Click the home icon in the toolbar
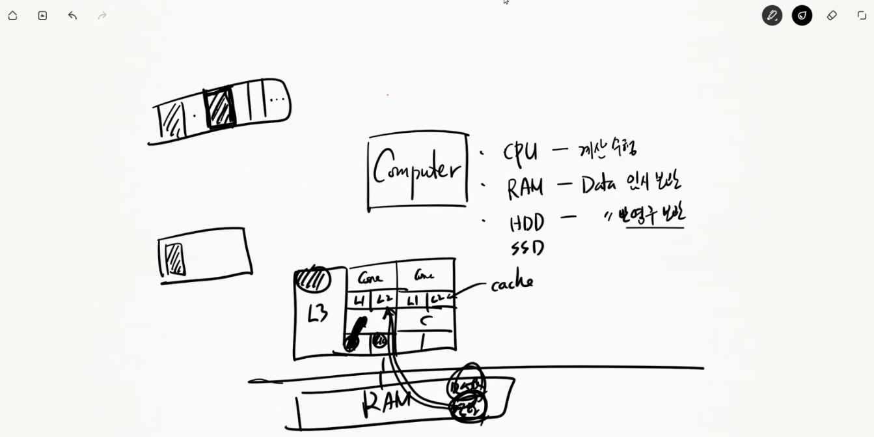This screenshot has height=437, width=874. (x=12, y=15)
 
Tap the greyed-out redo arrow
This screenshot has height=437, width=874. (x=102, y=15)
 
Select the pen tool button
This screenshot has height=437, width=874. (x=772, y=15)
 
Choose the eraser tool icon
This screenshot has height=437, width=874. (x=832, y=15)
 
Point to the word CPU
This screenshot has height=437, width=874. (x=520, y=152)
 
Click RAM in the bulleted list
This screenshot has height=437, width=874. (x=525, y=188)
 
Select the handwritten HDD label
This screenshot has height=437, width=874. (x=526, y=223)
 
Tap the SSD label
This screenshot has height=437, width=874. (x=526, y=248)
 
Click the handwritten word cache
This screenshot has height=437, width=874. (x=512, y=283)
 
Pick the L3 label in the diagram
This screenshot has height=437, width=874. (x=318, y=313)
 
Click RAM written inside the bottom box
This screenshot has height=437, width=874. (x=387, y=401)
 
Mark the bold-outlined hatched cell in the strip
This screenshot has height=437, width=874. (x=219, y=108)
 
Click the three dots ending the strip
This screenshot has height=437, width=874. (x=277, y=100)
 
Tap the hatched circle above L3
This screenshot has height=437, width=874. (x=313, y=279)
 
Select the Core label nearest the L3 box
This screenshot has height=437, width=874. (x=370, y=277)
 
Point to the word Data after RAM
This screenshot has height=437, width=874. (x=599, y=186)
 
